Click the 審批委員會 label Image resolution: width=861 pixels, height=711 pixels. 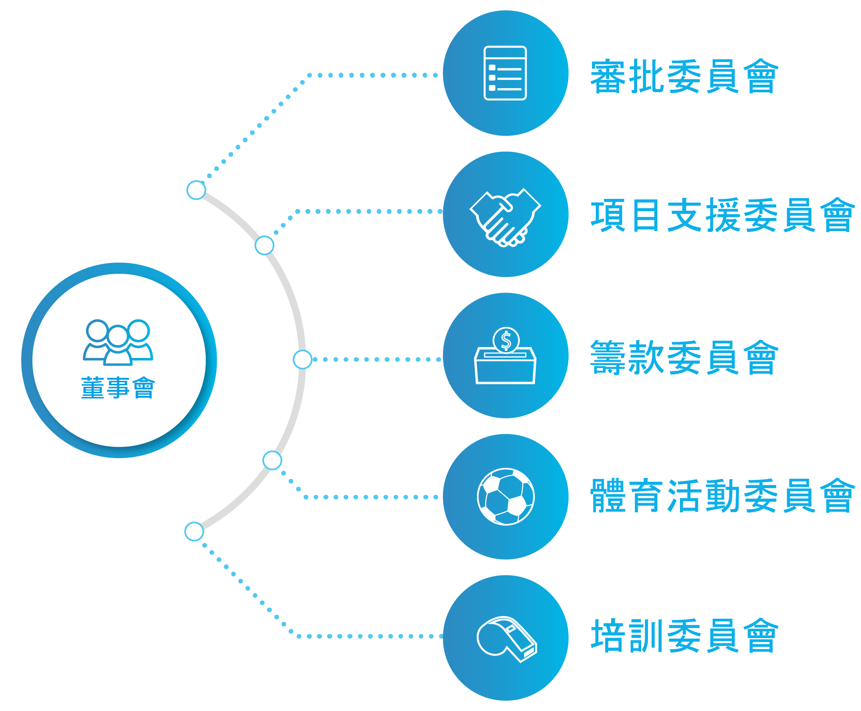click(684, 77)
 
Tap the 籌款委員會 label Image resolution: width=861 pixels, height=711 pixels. click(684, 358)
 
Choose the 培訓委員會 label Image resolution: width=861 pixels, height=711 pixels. click(684, 636)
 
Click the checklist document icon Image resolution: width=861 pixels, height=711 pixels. click(505, 73)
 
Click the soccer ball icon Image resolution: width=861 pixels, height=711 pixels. click(506, 496)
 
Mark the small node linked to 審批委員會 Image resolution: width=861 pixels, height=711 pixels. click(196, 190)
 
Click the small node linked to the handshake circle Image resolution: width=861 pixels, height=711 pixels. click(264, 245)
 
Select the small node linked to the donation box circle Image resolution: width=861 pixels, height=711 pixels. click(302, 359)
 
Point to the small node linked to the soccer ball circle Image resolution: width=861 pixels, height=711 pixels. click(272, 460)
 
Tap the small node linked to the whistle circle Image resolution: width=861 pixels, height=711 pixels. click(194, 532)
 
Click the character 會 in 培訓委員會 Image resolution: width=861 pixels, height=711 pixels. click(761, 636)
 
